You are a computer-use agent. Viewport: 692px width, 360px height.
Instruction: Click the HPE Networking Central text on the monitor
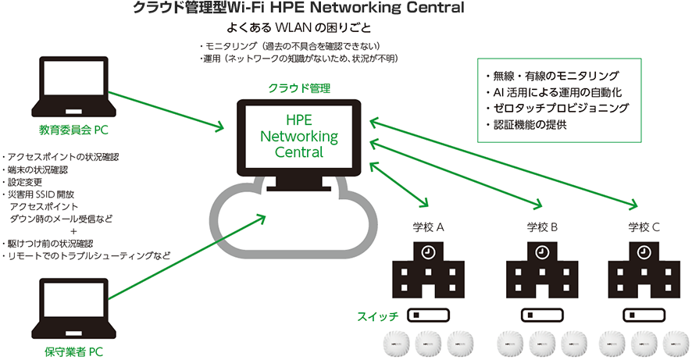click(x=299, y=136)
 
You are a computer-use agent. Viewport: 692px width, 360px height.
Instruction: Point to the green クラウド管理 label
click(x=299, y=88)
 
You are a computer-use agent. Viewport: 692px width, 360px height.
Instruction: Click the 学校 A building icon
click(x=428, y=269)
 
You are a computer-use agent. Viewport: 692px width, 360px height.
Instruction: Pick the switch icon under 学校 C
click(x=645, y=315)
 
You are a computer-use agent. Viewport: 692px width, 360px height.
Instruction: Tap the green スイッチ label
click(x=379, y=316)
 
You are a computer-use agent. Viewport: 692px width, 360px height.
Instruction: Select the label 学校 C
click(x=644, y=228)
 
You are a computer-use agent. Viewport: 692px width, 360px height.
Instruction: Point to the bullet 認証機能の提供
click(x=524, y=124)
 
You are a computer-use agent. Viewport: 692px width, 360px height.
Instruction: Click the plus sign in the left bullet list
click(x=73, y=231)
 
